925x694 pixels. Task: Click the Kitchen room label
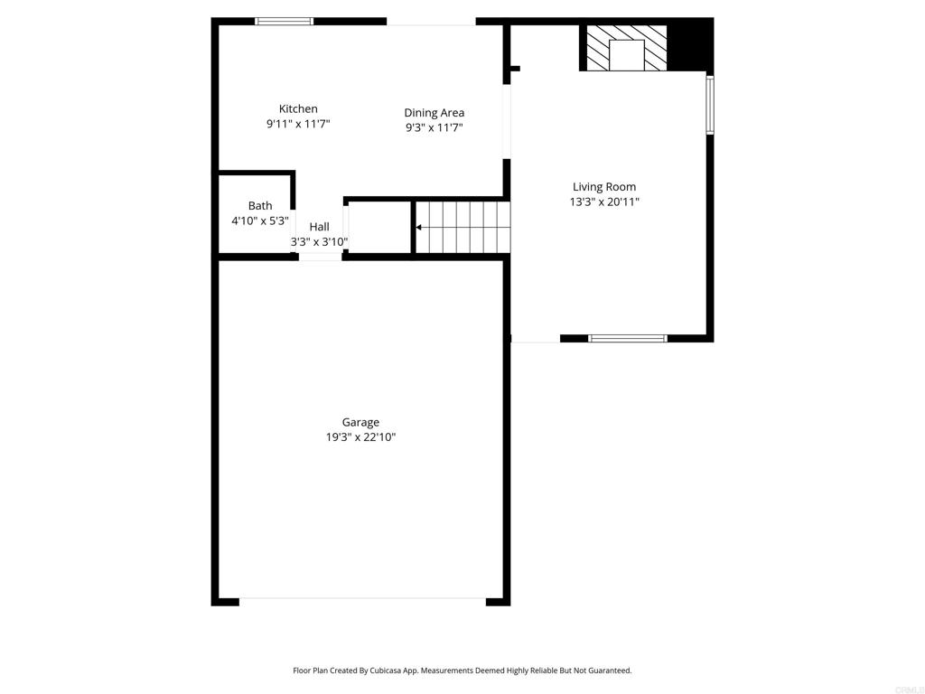298,108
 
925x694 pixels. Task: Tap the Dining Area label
434,113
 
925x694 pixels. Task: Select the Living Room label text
604,187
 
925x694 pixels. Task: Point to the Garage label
360,423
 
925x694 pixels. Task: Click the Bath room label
260,205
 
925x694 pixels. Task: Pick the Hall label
319,227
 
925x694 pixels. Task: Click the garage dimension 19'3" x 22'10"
361,437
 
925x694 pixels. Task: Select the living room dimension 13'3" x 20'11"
604,202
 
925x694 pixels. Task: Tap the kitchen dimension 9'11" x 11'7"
298,124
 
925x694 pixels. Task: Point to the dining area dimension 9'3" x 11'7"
434,127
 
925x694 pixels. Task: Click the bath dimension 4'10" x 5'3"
260,220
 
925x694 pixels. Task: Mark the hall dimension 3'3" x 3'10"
319,241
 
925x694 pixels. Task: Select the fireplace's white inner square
626,55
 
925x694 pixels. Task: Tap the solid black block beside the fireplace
689,45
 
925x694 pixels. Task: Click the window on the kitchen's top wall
285,22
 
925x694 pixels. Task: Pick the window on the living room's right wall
710,105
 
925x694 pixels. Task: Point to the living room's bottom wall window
628,338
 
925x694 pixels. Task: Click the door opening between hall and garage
320,256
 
